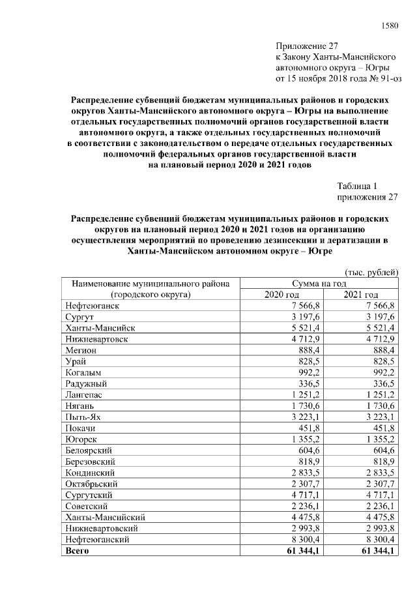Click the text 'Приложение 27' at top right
[x=308, y=46]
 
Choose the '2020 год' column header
[x=281, y=295]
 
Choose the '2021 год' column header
[x=361, y=295]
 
